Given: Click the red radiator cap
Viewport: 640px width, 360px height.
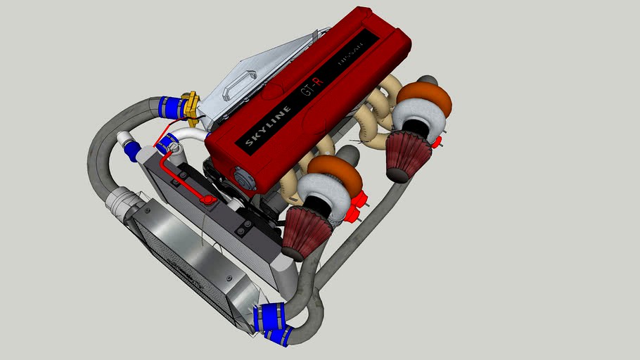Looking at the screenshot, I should point(207,200).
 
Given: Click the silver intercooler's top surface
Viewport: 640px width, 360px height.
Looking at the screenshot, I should point(190,253).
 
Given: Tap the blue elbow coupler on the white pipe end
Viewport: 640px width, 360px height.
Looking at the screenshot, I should point(132,149).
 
